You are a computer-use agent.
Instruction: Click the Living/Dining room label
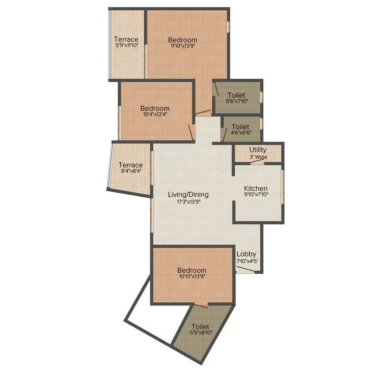188,195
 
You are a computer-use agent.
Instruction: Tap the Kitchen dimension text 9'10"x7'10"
256,194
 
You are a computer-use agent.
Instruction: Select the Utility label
258,150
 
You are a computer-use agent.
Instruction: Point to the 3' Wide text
258,157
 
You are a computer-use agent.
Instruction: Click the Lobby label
246,254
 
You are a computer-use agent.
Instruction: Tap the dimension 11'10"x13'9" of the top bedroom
183,45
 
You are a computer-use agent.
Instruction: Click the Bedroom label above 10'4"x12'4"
155,108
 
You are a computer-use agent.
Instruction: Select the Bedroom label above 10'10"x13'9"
192,270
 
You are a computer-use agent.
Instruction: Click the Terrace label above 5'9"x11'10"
127,39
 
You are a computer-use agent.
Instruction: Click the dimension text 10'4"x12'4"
155,114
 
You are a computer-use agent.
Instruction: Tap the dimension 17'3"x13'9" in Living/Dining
188,201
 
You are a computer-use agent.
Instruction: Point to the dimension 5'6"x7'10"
236,101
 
